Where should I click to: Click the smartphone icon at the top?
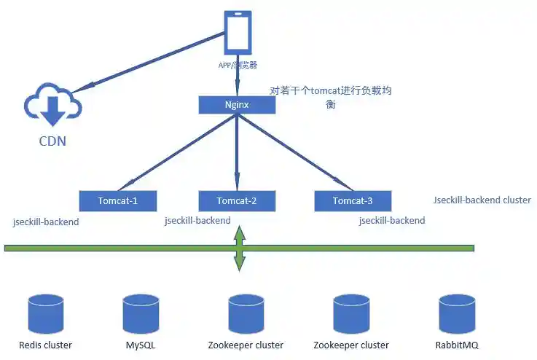pos(238,34)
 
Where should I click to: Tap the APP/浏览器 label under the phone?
pos(238,66)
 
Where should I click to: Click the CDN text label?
pos(52,141)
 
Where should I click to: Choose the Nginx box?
pos(237,105)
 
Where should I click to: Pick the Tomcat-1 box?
pos(117,200)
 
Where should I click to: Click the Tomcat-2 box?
pos(237,200)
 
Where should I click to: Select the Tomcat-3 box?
pos(353,200)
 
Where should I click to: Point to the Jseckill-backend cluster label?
pos(482,200)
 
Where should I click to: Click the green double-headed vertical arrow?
pos(238,249)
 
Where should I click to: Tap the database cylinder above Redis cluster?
pos(45,313)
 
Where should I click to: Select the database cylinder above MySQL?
pos(141,313)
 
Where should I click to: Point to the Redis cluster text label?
pos(45,345)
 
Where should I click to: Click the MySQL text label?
pos(141,345)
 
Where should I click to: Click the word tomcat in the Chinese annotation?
pos(327,91)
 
